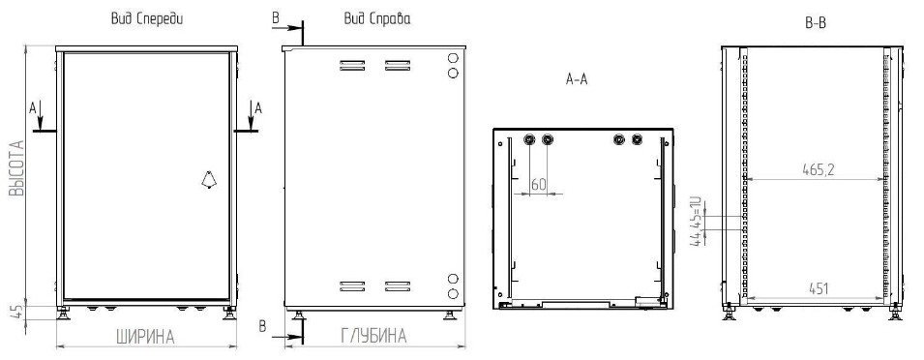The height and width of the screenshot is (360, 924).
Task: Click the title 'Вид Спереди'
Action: tap(147, 18)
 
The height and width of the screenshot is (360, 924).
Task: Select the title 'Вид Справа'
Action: tap(377, 18)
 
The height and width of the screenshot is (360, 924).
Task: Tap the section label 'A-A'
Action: tap(577, 79)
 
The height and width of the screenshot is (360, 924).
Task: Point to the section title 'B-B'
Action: tap(816, 23)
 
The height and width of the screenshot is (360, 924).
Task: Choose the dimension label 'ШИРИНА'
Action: tap(145, 338)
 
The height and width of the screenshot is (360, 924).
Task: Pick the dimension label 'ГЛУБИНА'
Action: tap(373, 336)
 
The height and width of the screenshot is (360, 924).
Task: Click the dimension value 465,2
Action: tap(818, 169)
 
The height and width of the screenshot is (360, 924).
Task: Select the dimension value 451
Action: tap(818, 288)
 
